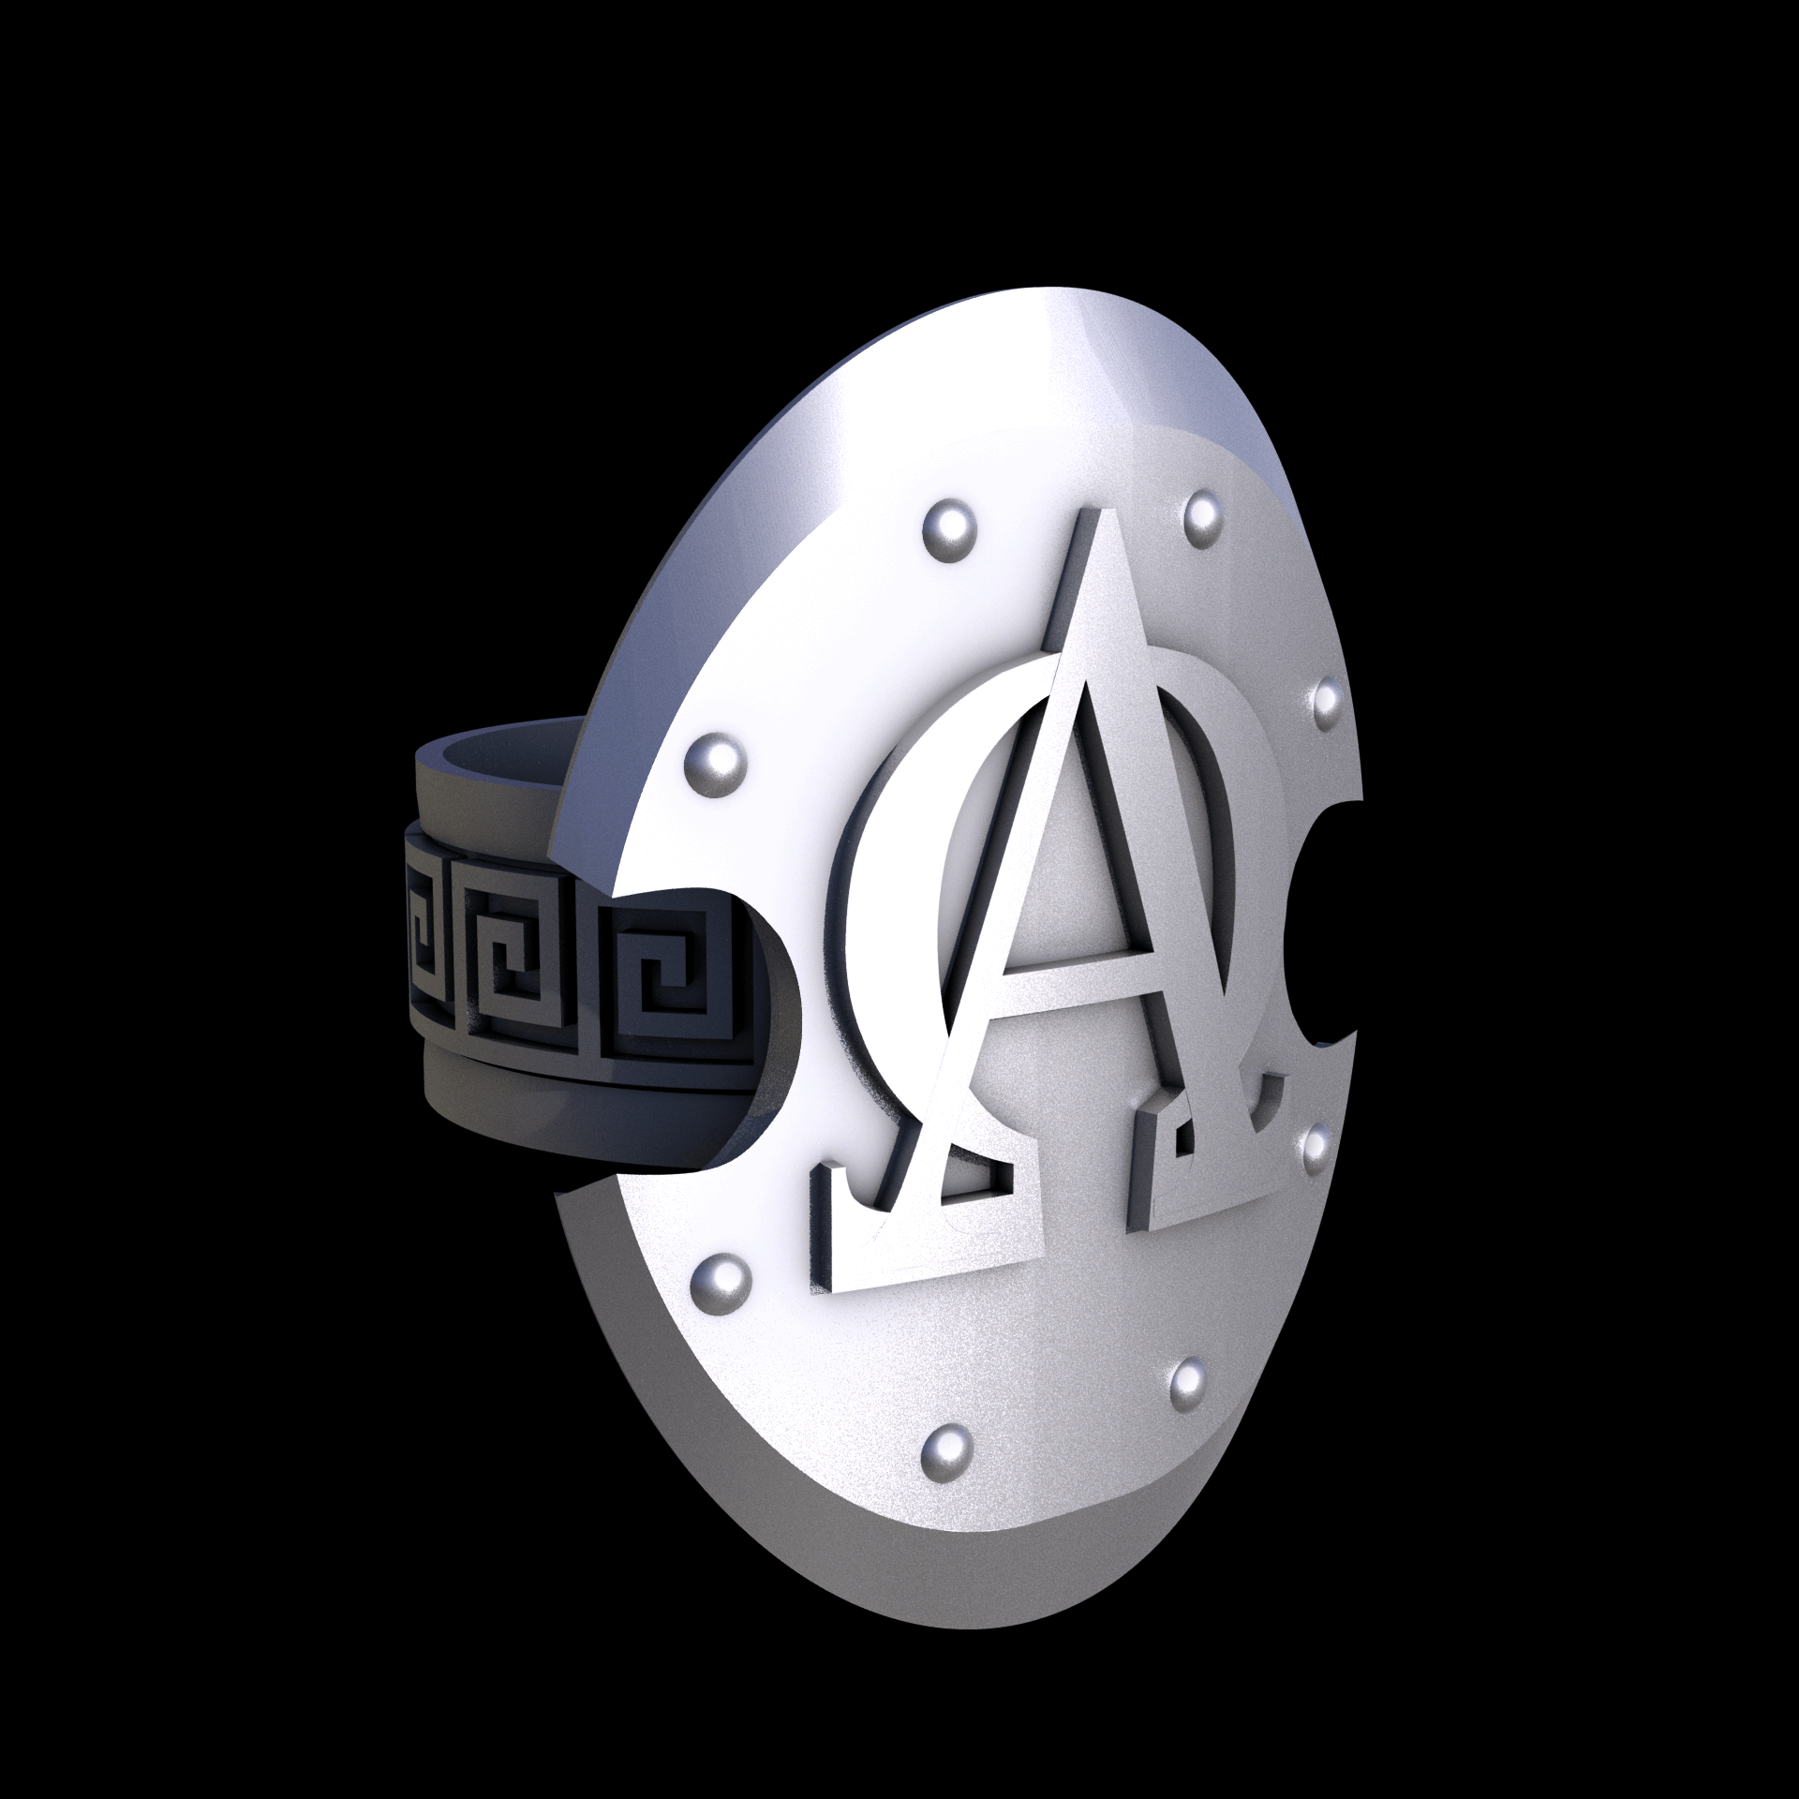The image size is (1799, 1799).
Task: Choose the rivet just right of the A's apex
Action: point(1202,515)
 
